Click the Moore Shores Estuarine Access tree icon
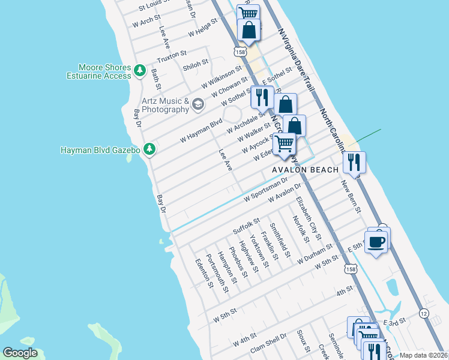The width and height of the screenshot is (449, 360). (140, 71)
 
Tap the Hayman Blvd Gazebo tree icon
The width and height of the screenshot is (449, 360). (149, 149)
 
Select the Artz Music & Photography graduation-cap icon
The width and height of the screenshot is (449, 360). (198, 106)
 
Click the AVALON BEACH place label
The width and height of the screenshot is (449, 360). (305, 170)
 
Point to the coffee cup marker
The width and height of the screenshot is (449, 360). (376, 242)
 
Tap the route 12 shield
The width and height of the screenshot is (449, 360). (424, 313)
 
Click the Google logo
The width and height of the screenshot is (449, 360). (20, 353)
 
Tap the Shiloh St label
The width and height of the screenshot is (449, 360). (195, 62)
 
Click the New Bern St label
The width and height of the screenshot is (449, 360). (350, 196)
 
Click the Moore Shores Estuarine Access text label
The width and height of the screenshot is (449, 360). (105, 71)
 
